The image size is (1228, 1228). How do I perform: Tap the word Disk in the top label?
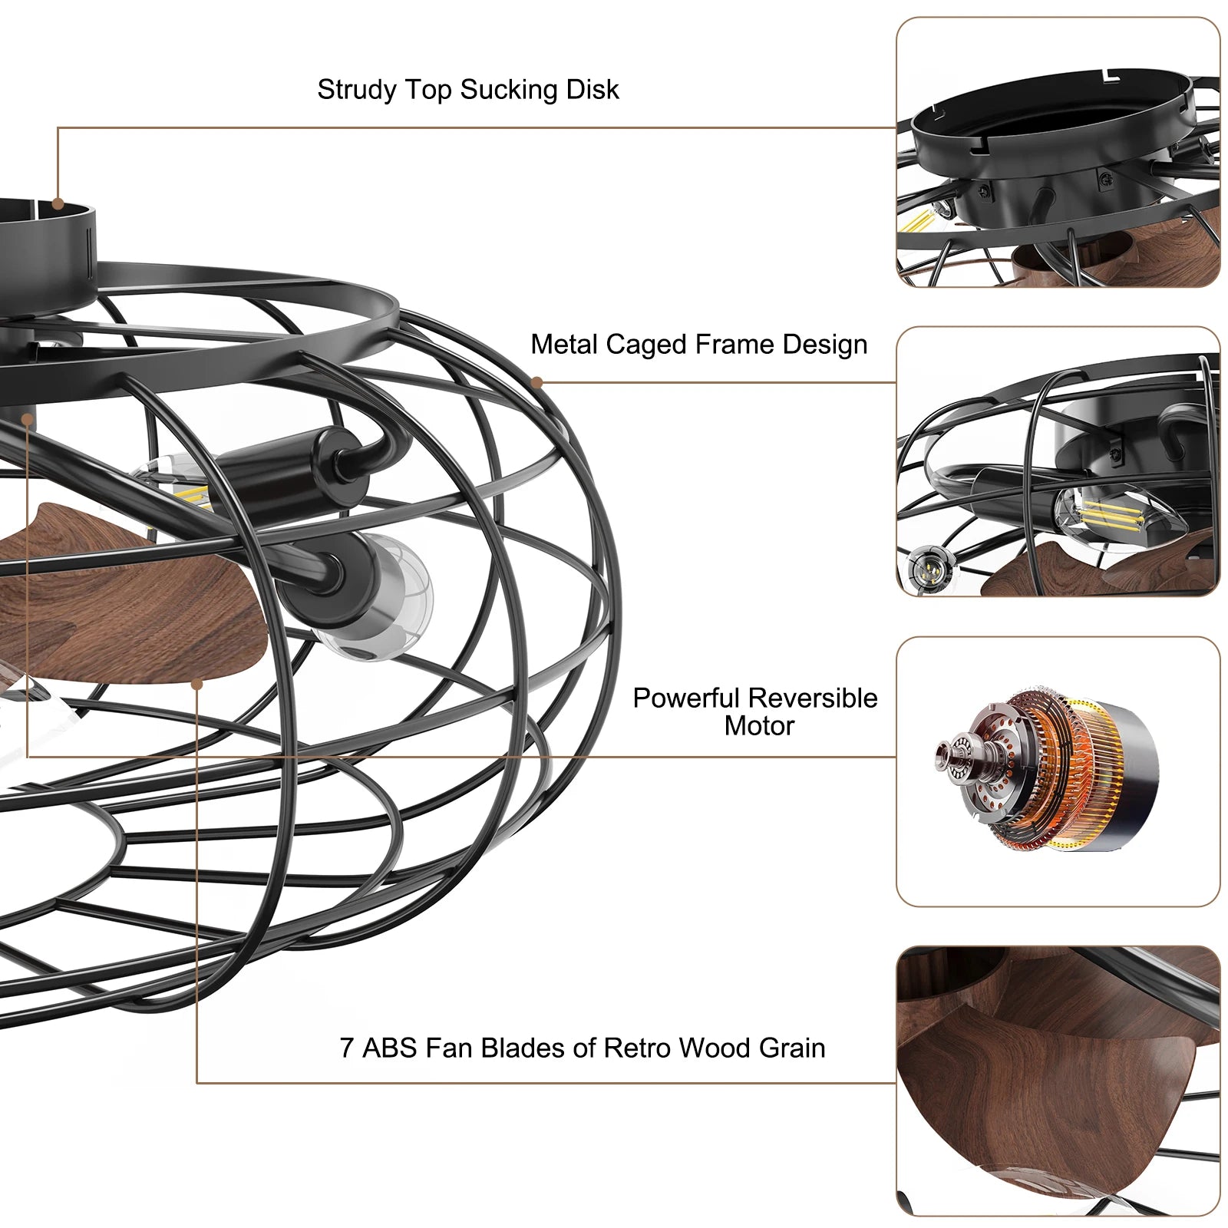[x=593, y=89]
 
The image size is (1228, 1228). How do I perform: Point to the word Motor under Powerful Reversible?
[x=759, y=725]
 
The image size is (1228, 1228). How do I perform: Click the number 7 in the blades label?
[x=347, y=1048]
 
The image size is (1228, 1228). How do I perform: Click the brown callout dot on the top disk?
[x=58, y=204]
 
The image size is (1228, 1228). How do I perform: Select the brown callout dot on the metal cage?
[x=537, y=382]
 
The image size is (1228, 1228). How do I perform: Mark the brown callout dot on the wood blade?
[x=197, y=685]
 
